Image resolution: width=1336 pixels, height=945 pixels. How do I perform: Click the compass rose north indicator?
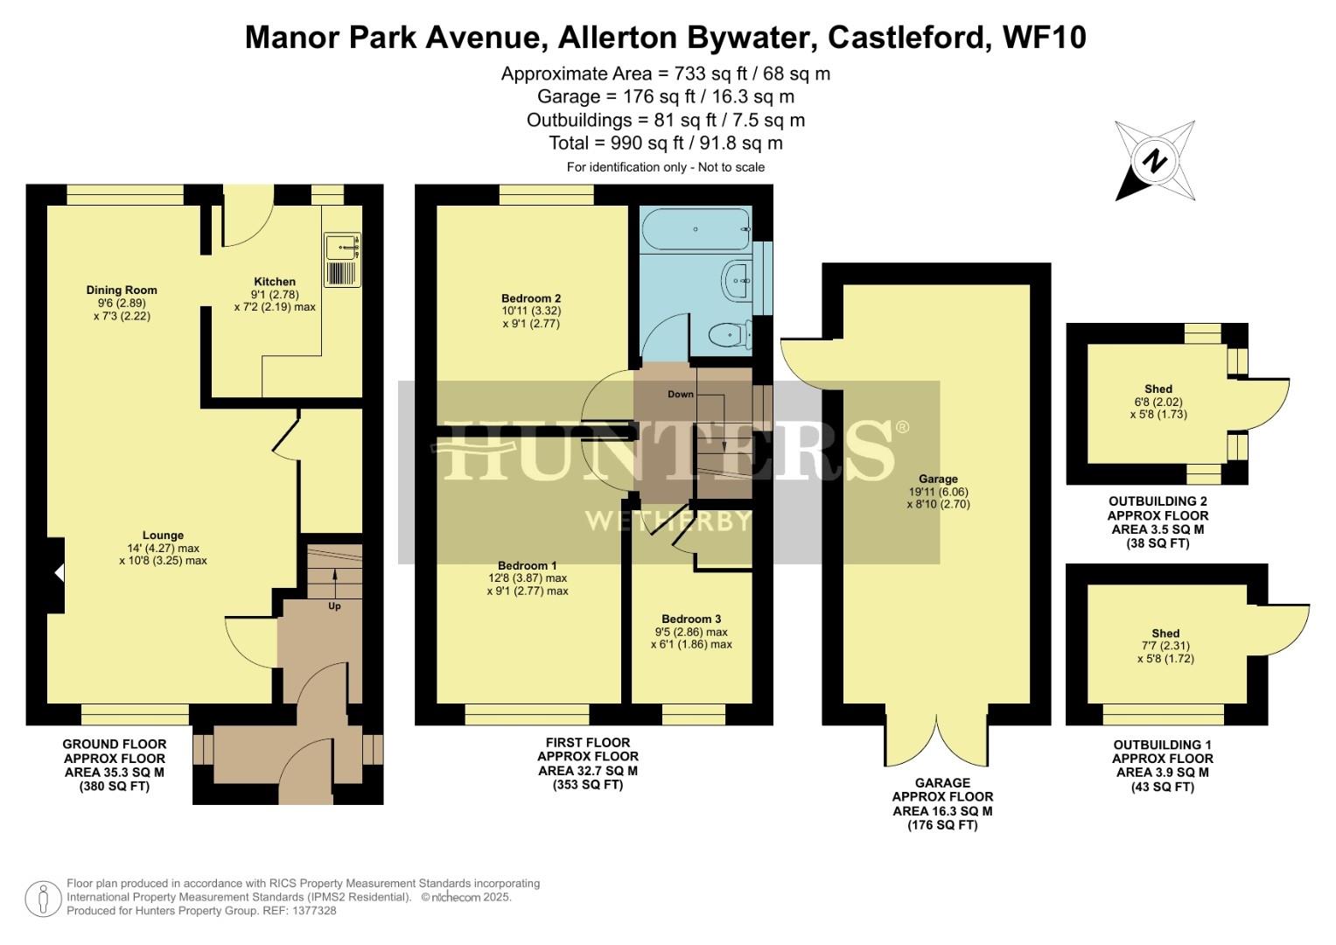(x=1155, y=161)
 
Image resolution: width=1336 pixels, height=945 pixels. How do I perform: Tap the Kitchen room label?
(x=275, y=282)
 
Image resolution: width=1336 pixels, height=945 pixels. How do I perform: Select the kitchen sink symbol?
(x=341, y=259)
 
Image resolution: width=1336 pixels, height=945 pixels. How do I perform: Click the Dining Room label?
(x=122, y=290)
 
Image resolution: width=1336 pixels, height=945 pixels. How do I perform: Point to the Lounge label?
(x=163, y=535)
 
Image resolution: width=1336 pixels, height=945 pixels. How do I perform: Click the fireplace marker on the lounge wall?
(x=58, y=574)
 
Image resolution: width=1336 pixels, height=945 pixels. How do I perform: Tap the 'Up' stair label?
(x=334, y=606)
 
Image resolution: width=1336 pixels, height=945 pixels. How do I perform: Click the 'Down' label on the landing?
(x=681, y=395)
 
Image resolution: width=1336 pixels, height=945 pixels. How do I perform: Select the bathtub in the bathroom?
(x=696, y=229)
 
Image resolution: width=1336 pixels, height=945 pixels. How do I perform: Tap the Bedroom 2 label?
(x=531, y=298)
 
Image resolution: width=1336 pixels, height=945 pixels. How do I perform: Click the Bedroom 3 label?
(x=691, y=619)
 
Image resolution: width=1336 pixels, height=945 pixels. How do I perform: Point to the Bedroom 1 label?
(x=528, y=566)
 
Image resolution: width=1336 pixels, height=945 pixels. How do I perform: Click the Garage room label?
(x=938, y=479)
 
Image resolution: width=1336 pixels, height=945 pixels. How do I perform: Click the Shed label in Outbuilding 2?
(x=1158, y=389)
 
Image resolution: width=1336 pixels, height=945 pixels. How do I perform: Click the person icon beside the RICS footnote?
(x=42, y=899)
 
